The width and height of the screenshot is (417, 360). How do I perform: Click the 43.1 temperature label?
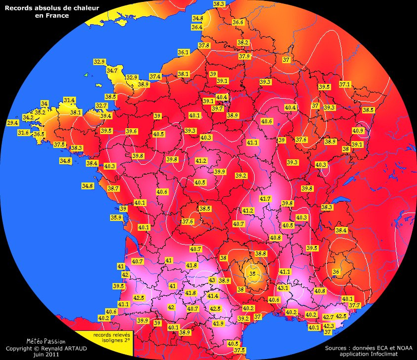click(x=283, y=288)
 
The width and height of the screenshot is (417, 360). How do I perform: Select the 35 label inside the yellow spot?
click(x=253, y=274)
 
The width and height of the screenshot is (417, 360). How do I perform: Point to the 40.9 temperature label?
click(x=358, y=131)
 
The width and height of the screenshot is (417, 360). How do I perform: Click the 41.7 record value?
click(x=265, y=199)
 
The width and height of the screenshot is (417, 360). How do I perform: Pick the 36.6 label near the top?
click(x=238, y=22)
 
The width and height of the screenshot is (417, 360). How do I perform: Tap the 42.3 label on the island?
click(x=329, y=326)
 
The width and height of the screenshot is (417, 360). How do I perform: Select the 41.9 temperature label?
click(x=219, y=324)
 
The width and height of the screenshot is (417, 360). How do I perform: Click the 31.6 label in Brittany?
click(x=23, y=133)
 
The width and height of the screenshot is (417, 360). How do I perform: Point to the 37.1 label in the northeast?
click(x=344, y=84)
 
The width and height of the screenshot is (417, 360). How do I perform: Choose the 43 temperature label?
click(x=212, y=280)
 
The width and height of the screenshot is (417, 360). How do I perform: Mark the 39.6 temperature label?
click(x=131, y=131)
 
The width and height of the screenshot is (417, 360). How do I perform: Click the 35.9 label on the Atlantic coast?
click(x=116, y=217)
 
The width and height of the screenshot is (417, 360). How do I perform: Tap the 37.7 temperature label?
click(x=354, y=306)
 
